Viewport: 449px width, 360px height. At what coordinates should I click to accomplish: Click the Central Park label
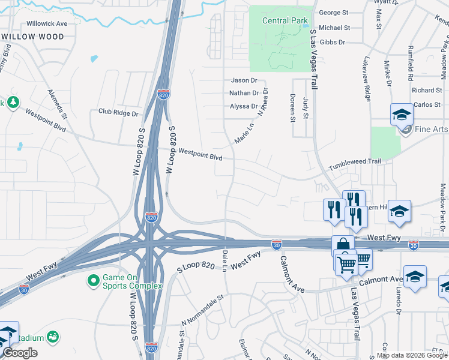[285, 21]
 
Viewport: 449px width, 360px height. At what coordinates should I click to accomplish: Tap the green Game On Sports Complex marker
[93, 280]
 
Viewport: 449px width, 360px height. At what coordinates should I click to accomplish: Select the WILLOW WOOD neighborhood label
[34, 37]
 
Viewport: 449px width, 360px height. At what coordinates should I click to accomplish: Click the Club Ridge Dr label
[118, 112]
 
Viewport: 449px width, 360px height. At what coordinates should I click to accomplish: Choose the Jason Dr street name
[244, 80]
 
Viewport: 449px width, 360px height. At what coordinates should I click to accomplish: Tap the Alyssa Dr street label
[243, 106]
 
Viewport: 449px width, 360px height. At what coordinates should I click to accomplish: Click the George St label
[334, 13]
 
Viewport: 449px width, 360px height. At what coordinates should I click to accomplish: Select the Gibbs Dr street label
[333, 43]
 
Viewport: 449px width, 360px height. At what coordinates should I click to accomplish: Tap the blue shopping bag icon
[343, 244]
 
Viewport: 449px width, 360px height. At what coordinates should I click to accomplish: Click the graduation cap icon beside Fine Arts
[402, 113]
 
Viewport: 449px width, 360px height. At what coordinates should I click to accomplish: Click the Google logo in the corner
[20, 353]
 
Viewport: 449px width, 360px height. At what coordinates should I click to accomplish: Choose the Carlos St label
[427, 105]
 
